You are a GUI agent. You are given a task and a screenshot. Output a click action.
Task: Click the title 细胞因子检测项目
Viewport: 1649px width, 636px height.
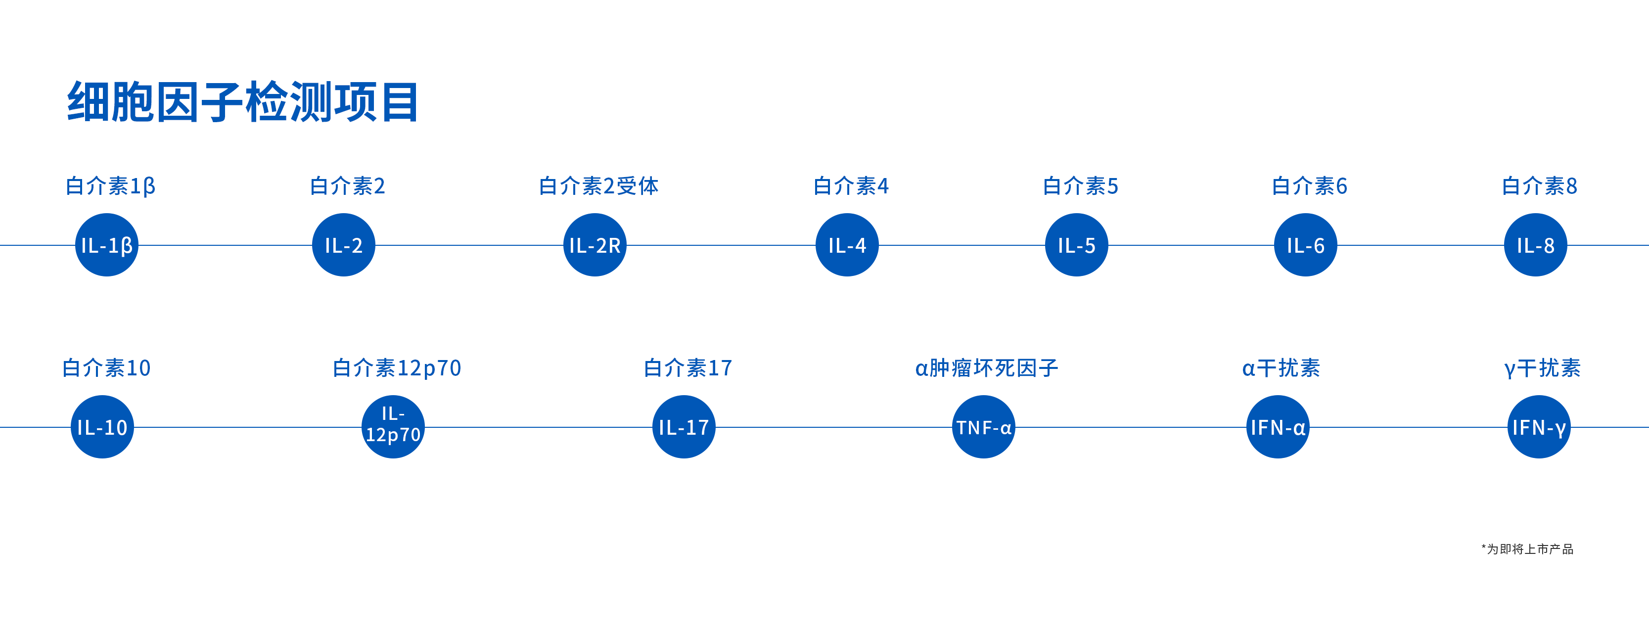coord(243,102)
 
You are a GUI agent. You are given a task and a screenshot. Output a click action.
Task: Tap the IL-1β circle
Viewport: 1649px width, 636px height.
coord(107,245)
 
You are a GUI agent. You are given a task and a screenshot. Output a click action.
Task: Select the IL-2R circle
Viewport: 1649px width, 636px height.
coord(595,245)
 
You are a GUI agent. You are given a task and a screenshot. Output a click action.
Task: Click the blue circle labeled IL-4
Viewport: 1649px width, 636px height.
coord(847,245)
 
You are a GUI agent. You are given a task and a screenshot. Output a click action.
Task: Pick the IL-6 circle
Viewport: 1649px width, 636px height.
coord(1306,245)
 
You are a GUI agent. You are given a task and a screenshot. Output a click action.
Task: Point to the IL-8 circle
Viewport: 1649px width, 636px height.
coord(1536,245)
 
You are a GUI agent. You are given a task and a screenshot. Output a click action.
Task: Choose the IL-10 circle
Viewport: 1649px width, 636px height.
coord(102,427)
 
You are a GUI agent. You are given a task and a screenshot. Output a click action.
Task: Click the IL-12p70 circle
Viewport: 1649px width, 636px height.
coord(393,427)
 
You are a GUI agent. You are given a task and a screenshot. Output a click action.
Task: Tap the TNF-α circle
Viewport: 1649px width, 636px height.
coord(984,427)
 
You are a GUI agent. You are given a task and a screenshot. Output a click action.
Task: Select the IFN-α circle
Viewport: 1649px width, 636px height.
coord(1278,427)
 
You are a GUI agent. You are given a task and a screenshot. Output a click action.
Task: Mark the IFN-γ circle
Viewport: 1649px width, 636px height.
coord(1539,427)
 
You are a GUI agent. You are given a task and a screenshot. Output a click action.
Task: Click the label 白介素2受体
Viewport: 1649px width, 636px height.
coord(598,186)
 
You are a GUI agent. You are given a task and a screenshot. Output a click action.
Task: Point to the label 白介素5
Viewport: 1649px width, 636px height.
coord(1081,186)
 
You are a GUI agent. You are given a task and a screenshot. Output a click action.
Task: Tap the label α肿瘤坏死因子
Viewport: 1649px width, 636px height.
coord(986,368)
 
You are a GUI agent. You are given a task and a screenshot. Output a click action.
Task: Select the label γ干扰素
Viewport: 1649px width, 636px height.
coord(1542,368)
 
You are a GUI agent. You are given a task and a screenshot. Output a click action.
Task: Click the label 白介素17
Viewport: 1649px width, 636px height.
coord(687,368)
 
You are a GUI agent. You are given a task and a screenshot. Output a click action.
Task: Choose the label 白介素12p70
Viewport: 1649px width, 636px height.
coord(397,368)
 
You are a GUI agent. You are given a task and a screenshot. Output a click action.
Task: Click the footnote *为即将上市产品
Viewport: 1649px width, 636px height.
coord(1527,549)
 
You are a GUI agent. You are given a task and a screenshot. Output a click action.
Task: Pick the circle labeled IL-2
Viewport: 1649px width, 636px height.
coord(344,245)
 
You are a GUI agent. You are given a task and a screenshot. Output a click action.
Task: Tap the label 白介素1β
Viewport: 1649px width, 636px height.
coord(111,186)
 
